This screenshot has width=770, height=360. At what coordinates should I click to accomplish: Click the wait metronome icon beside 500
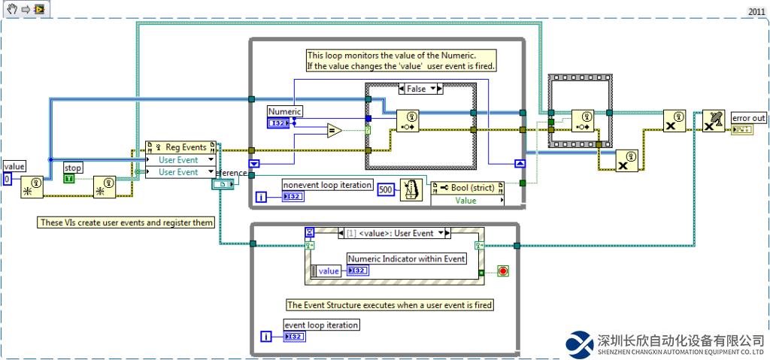[410, 189]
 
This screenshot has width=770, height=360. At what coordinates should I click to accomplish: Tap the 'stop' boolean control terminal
[69, 179]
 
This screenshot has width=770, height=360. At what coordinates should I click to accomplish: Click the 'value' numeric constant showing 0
[7, 179]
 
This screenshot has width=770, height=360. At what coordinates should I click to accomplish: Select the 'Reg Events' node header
[180, 147]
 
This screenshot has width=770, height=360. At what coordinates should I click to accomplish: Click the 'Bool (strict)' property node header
[466, 187]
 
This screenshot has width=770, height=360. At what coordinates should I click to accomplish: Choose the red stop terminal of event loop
[502, 271]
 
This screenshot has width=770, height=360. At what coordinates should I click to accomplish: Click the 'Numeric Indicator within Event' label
[406, 259]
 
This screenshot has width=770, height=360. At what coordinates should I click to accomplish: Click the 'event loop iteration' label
[321, 325]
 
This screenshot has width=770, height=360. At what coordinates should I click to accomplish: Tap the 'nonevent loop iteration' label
[327, 185]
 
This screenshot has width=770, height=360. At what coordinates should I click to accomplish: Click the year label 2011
[756, 11]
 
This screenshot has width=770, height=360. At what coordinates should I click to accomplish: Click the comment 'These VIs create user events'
[126, 222]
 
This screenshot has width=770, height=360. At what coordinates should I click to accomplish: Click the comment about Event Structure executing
[390, 305]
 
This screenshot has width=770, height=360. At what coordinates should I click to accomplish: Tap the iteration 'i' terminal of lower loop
[265, 336]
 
